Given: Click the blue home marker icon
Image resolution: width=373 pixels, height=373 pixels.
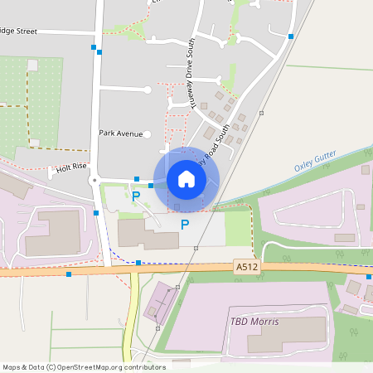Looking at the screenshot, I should point(186,179).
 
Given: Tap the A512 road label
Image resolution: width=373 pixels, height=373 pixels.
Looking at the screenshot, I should point(245,266).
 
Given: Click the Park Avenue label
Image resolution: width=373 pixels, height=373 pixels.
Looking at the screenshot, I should point(120,133).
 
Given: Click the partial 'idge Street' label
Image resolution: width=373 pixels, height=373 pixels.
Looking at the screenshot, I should point(19,31).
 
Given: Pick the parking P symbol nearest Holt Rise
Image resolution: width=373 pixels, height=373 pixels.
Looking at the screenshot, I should point(136,196).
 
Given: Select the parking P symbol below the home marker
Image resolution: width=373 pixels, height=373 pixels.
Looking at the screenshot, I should point(185,224).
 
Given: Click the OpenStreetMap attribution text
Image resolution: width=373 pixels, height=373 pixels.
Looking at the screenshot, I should point(84,366).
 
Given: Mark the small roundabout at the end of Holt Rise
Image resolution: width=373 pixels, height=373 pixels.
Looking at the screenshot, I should point(95,179).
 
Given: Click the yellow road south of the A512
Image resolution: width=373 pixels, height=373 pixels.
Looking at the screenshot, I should point(131,323).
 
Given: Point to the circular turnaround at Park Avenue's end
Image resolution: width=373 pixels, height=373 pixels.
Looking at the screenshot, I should point(148,133).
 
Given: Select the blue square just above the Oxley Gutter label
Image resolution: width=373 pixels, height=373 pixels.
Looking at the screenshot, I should point(366,169).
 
